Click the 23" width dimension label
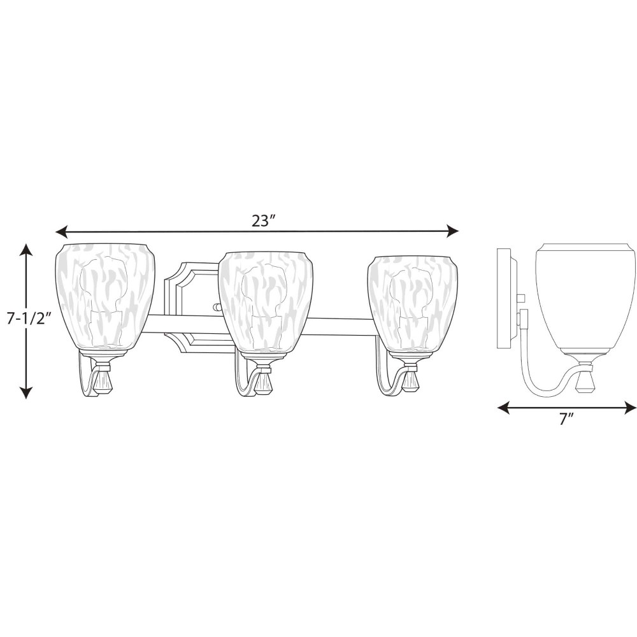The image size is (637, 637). pyautogui.click(x=264, y=221)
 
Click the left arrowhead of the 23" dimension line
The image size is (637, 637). pyautogui.click(x=61, y=233)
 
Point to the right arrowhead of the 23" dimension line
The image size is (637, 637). pyautogui.click(x=453, y=232)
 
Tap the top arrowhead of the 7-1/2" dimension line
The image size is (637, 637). pyautogui.click(x=26, y=249)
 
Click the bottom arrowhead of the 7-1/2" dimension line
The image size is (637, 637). pyautogui.click(x=26, y=392)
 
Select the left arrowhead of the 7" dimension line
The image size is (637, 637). pyautogui.click(x=503, y=408)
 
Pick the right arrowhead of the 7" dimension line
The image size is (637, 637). pyautogui.click(x=630, y=408)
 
